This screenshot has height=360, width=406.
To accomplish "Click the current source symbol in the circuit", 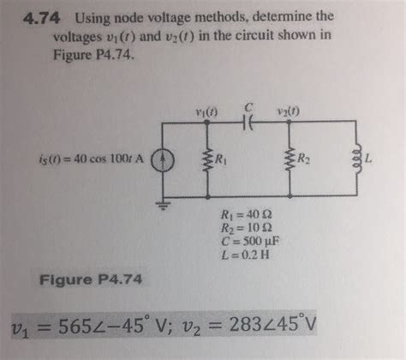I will [x=164, y=159].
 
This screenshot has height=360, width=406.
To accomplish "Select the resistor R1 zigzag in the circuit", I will [x=206, y=159].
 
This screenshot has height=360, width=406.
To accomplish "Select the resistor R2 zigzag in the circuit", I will [x=293, y=159].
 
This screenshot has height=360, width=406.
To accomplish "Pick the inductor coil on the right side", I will [x=355, y=159].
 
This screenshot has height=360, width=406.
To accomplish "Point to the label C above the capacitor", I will [x=248, y=106].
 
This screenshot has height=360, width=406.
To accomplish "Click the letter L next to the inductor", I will [x=368, y=159].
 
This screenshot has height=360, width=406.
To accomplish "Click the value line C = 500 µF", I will [x=249, y=243].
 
